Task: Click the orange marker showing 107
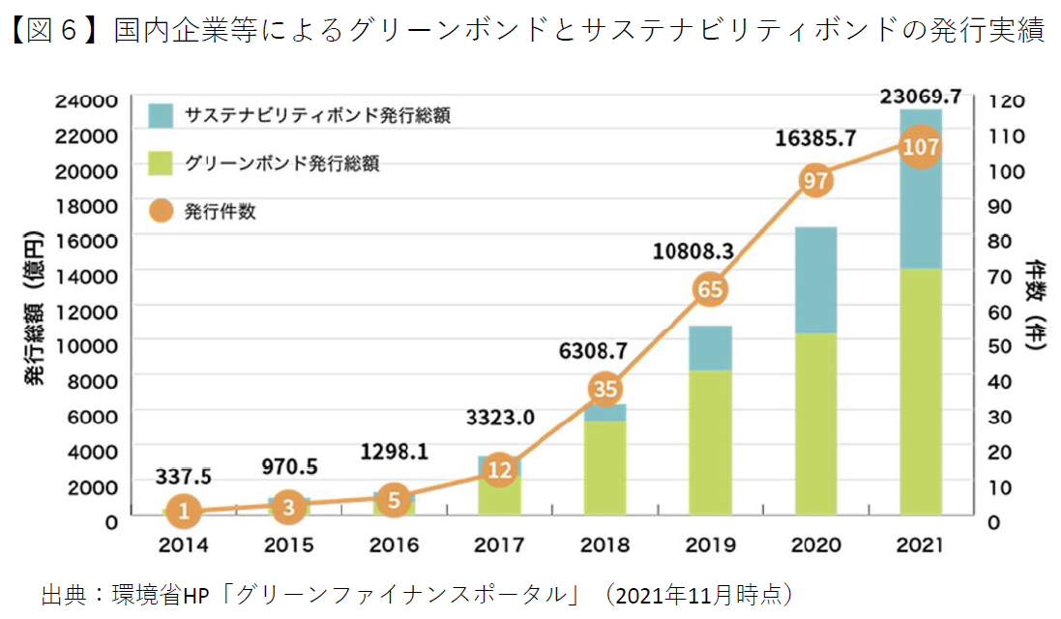tap(920, 147)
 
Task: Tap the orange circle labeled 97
tap(814, 181)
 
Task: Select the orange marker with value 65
tap(710, 289)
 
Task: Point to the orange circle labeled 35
tap(604, 389)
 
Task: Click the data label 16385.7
tap(815, 139)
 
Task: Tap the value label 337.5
tap(184, 476)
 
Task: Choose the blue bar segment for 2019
tap(710, 348)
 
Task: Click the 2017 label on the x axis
tap(499, 545)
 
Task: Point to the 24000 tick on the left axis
tap(86, 100)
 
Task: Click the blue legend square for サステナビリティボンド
tap(161, 116)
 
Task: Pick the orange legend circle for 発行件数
tap(161, 211)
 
